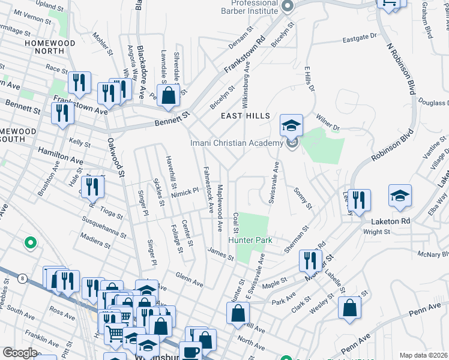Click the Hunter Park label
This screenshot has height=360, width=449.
[x=250, y=240]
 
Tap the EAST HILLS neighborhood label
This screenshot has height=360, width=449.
[x=245, y=116]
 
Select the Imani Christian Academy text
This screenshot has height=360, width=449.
[x=236, y=143]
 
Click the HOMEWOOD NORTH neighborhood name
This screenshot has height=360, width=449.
[x=50, y=47]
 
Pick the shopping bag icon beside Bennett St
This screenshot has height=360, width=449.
[x=169, y=95]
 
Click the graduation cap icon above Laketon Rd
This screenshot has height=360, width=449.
[x=400, y=196]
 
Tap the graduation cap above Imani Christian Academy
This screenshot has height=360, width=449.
[x=292, y=125]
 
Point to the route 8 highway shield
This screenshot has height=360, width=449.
[x=22, y=278]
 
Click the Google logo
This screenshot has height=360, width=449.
[x=20, y=353]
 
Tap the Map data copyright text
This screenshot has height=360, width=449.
[x=423, y=355]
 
